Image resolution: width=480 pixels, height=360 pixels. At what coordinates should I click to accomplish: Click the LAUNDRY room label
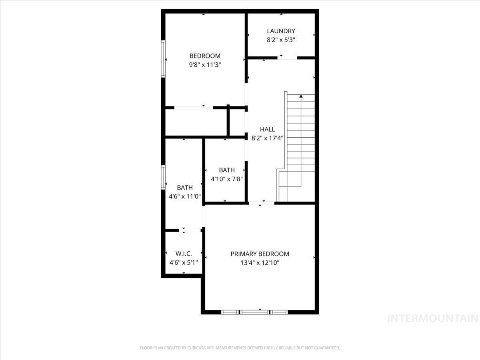pos(281,31)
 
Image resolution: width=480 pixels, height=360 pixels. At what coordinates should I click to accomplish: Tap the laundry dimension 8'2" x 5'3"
pos(281,40)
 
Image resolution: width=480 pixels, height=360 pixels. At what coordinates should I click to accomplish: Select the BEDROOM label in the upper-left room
pos(205,56)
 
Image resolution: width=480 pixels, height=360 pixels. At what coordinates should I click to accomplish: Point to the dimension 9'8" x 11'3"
pos(205,65)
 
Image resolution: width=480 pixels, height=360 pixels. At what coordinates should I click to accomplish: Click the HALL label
pos(267,129)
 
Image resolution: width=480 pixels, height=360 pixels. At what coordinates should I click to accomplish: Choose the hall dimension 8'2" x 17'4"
pos(267,138)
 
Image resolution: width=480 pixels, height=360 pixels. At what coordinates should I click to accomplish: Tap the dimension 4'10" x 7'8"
pos(227,179)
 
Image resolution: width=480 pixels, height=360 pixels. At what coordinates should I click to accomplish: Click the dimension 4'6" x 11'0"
pos(185,196)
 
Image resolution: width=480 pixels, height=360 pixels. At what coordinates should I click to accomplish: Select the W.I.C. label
pos(184,254)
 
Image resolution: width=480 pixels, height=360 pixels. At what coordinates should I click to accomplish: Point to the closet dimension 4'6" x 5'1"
pos(184,263)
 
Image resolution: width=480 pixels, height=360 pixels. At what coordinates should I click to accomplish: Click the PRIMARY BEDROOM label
pos(260,254)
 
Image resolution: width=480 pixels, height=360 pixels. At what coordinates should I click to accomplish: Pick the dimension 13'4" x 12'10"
pos(260,263)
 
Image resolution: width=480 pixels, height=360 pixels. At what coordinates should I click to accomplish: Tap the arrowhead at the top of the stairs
pos(300,96)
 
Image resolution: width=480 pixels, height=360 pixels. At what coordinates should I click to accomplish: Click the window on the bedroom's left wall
pos(163,58)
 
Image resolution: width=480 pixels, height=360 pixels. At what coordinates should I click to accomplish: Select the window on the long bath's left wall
pos(163,177)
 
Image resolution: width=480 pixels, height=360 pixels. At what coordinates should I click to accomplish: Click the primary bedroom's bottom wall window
pos(255,312)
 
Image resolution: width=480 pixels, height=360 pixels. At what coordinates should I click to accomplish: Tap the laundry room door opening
pos(287,58)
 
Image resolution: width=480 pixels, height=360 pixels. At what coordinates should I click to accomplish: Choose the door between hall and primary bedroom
pos(262,203)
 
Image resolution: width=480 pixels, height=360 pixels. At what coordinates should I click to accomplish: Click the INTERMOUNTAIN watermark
pos(433,318)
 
